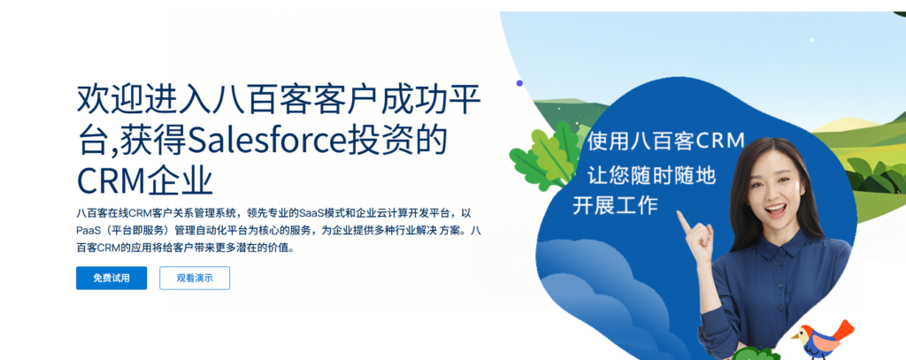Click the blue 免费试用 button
click(x=111, y=278)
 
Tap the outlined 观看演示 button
click(x=195, y=278)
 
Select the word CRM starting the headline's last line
click(x=110, y=180)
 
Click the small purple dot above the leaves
click(x=519, y=83)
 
